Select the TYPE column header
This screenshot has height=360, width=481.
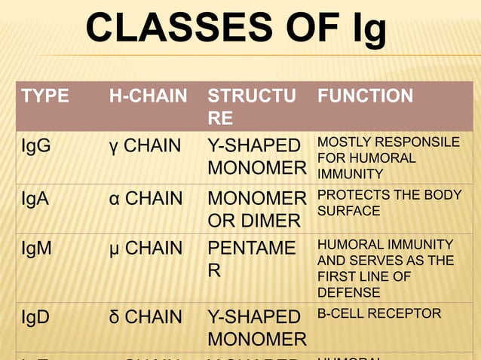pos(45,96)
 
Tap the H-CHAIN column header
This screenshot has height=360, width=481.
pos(148,96)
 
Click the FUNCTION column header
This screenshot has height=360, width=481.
pos(365,96)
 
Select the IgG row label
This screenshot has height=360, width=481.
pos(37,146)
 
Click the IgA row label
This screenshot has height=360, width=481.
pos(36,199)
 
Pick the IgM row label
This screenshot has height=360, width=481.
pos(37,248)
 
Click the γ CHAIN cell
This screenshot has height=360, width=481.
pos(145,146)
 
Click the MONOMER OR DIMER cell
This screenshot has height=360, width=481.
pos(256,210)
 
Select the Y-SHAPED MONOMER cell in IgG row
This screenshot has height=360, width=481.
pos(256,157)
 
